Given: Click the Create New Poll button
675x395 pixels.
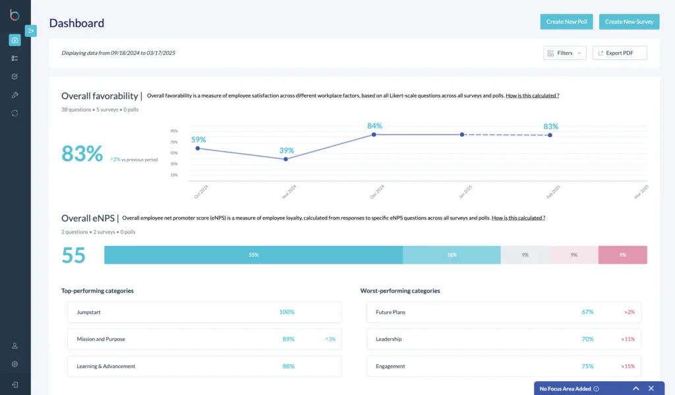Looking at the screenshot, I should pos(566,22).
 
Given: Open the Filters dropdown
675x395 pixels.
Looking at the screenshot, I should pos(565,53).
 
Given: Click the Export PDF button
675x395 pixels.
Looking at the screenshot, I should pos(620,53).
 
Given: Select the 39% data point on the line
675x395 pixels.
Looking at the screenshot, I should pos(285,159).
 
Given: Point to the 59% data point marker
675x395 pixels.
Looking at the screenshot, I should pos(198,148).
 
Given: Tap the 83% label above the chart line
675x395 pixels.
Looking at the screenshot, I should pos(550,126).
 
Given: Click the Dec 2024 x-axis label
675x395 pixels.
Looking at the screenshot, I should pos(377,193).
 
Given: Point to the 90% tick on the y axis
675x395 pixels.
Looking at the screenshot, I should pos(174,131).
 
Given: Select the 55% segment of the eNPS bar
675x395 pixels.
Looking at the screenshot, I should pos(253,255).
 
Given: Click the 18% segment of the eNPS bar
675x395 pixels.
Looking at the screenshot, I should pos(452,255).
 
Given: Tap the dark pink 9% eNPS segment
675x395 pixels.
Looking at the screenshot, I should pos(622,255).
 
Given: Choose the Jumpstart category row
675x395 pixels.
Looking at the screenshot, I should pos(204,312).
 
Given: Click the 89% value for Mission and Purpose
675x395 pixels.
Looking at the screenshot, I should pos(288,339).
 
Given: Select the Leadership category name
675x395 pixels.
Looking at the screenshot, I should pos(388,339).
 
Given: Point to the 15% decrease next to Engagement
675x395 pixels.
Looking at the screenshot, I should pos(629,366).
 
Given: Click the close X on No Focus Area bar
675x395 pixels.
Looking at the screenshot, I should pos(651,388).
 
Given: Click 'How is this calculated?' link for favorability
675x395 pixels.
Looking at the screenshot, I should pos(533,96).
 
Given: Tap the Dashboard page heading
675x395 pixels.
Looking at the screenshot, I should pos(76,23).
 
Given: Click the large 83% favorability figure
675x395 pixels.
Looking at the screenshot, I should pos(82,154).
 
